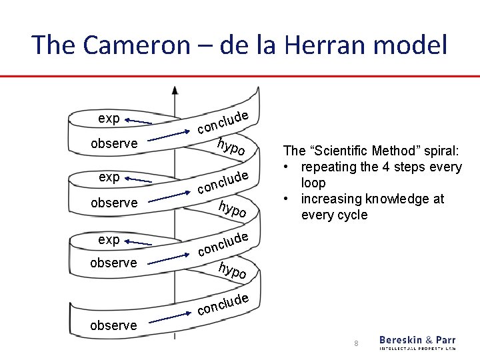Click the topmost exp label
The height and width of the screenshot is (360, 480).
[x=109, y=119]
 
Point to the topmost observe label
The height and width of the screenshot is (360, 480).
[x=113, y=143]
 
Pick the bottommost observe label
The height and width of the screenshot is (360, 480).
[x=113, y=325]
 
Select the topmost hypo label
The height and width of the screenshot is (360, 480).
[x=234, y=148]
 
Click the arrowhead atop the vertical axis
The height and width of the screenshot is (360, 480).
[x=175, y=90]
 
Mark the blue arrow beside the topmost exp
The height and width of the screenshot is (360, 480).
[x=138, y=121]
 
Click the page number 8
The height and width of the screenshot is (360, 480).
[x=357, y=343]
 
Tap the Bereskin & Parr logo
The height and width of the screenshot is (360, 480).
[x=417, y=342]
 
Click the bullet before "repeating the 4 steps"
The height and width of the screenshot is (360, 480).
[x=287, y=167]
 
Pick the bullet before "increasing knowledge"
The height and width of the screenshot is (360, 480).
[x=287, y=199]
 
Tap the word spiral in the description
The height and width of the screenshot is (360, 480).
[x=441, y=151]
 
